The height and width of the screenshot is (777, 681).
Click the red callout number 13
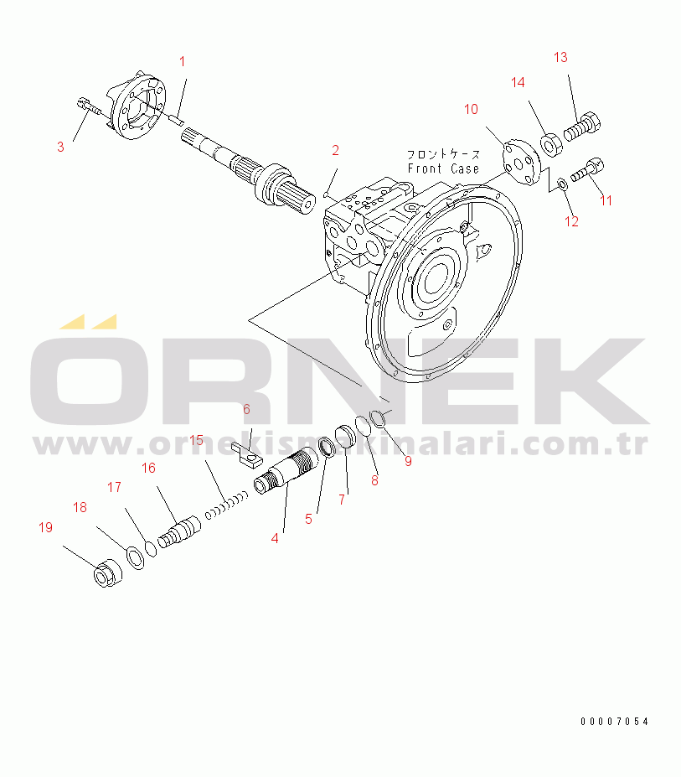click(x=560, y=58)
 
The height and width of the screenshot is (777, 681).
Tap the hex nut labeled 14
click(x=549, y=145)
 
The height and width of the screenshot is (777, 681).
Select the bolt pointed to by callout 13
click(x=583, y=127)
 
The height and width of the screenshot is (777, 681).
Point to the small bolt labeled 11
click(x=587, y=170)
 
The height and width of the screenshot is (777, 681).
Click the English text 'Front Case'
click(x=443, y=169)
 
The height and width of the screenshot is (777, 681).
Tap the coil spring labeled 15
click(x=227, y=505)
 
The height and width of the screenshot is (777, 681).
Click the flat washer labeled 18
click(x=135, y=557)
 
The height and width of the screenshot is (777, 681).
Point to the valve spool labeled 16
click(x=179, y=532)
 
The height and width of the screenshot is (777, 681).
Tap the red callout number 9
click(x=408, y=461)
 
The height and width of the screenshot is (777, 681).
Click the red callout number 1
click(x=183, y=61)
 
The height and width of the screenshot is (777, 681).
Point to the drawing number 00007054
click(x=614, y=722)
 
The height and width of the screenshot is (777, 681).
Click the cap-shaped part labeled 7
click(x=346, y=437)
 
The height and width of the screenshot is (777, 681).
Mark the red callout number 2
click(x=335, y=150)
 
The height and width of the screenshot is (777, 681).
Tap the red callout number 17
click(x=115, y=488)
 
